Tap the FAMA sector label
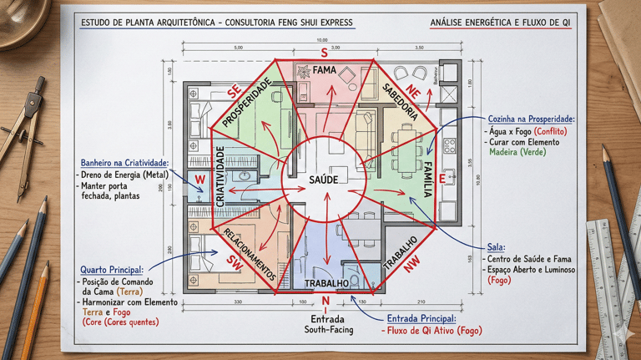324,72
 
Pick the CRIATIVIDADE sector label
220,176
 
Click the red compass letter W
199,180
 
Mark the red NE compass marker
411,91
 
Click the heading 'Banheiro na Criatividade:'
125,162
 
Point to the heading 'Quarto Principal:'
112,271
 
